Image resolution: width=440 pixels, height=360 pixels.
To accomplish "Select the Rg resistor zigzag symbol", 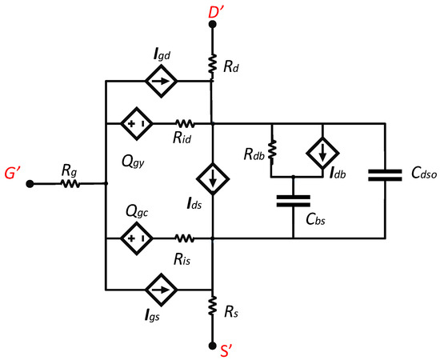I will pos(69,183).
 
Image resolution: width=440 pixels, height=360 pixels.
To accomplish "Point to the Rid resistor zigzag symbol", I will pos(186,124).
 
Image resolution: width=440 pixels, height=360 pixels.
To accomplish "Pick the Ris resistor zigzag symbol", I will pos(186,238).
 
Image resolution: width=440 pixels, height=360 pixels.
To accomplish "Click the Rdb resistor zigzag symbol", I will pos(272,150).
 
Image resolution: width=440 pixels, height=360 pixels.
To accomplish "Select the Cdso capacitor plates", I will pos(386,174).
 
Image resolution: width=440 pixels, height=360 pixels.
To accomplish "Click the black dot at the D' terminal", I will pos(213,25).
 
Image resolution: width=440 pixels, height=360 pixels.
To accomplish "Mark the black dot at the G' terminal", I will pos(30,183).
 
